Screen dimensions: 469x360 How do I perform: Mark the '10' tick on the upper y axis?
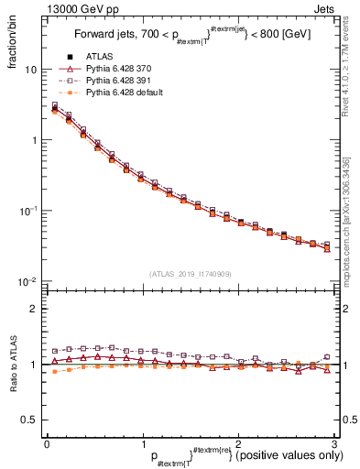[30, 70]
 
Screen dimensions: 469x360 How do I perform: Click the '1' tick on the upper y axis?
[33, 140]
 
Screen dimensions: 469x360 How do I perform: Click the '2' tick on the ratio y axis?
[33, 309]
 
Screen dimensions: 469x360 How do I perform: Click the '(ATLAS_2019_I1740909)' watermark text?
[190, 274]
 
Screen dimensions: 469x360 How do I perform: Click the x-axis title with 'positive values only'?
[239, 456]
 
